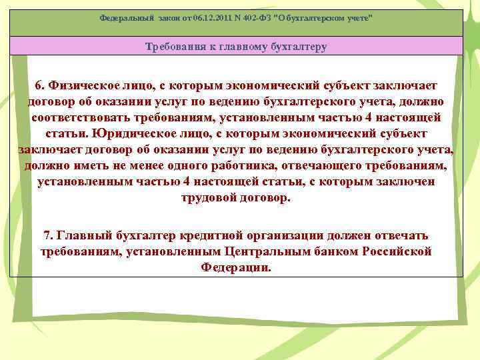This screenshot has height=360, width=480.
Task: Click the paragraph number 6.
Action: click(x=40, y=86)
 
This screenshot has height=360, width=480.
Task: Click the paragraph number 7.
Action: click(x=48, y=236)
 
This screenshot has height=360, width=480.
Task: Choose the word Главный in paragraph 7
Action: click(x=83, y=236)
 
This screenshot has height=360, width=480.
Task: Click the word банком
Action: click(x=337, y=252)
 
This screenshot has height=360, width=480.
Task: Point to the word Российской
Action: click(x=397, y=252)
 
